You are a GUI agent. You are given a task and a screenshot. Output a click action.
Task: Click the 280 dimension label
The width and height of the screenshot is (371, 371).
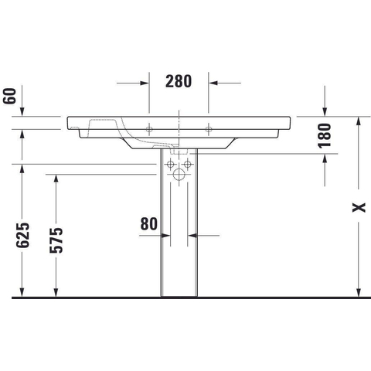pyautogui.click(x=179, y=81)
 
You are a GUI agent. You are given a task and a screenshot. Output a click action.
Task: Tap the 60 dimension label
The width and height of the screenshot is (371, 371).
pyautogui.click(x=9, y=96)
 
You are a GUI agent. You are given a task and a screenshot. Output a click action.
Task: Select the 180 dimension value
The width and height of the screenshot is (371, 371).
pyautogui.click(x=325, y=135)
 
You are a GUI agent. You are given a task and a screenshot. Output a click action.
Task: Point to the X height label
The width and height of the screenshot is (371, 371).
pyautogui.click(x=359, y=207)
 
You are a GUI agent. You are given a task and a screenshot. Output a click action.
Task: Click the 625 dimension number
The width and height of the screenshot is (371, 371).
pyautogui.click(x=23, y=235)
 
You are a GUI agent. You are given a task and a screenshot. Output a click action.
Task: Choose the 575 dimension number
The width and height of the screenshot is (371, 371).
pyautogui.click(x=56, y=240)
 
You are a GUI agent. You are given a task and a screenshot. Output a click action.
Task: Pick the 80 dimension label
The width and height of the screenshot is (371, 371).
pyautogui.click(x=148, y=223)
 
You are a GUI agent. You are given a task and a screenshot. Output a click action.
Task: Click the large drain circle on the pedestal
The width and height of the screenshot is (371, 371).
pyautogui.click(x=179, y=175)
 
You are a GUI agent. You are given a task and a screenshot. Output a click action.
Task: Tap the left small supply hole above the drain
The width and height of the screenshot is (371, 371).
pyautogui.click(x=170, y=164)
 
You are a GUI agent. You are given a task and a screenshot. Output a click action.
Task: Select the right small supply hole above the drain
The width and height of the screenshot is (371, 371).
pyautogui.click(x=188, y=164)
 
